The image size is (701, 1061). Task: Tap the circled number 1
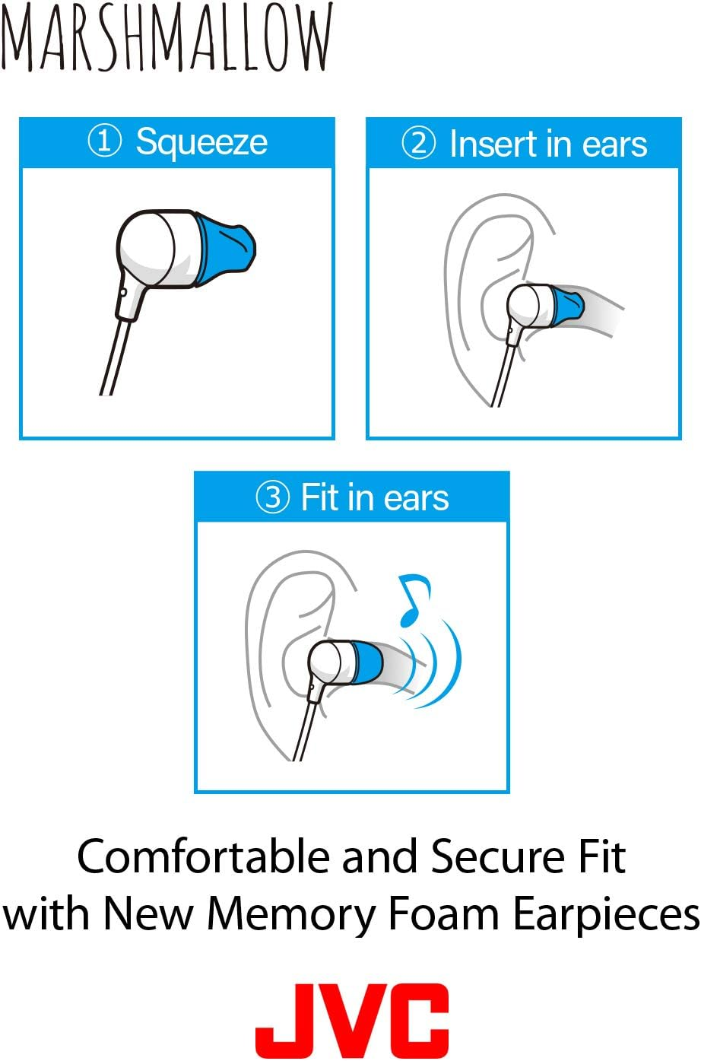[105, 141]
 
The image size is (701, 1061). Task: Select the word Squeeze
[201, 142]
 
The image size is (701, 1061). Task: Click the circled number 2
[418, 143]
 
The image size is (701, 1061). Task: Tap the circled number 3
[272, 498]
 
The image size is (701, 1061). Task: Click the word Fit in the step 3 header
[319, 497]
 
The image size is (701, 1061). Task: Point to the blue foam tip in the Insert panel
[567, 306]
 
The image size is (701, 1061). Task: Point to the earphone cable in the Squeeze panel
[113, 357]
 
